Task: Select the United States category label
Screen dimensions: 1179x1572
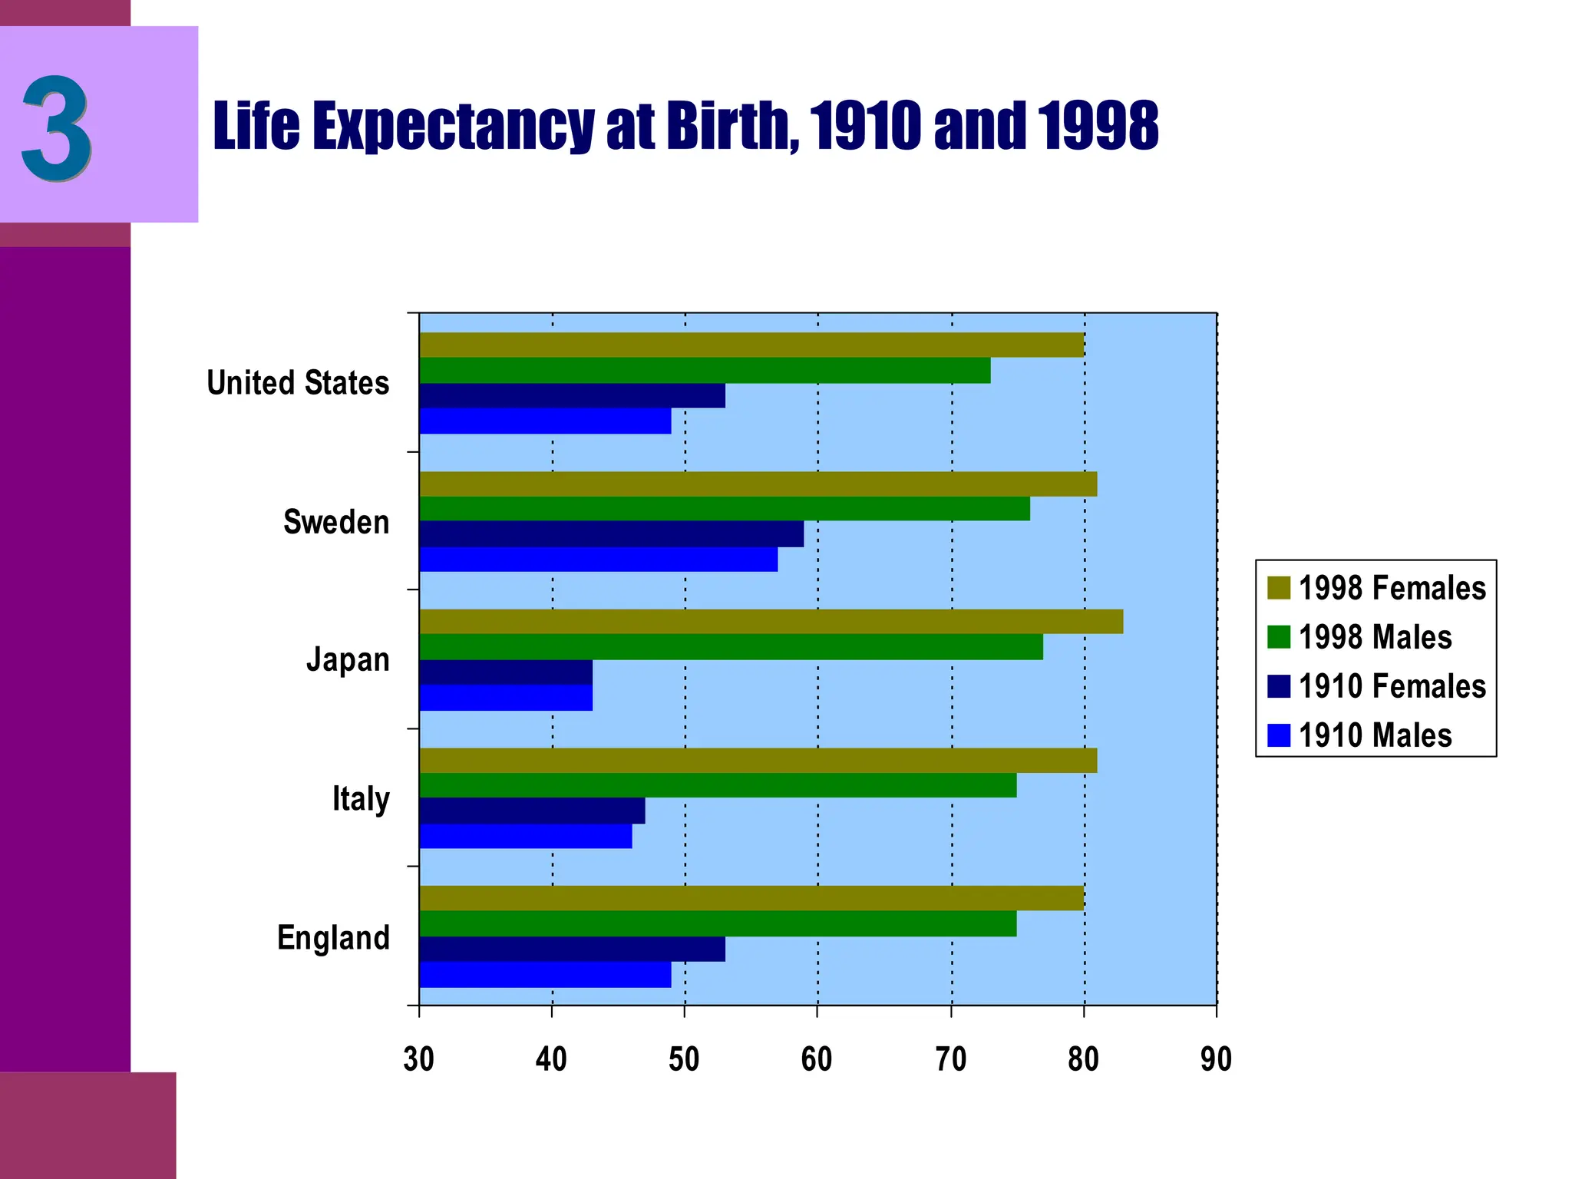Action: click(298, 383)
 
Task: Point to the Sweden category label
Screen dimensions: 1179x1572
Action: click(336, 522)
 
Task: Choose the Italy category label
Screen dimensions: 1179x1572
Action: click(361, 799)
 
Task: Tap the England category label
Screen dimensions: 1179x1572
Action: click(333, 937)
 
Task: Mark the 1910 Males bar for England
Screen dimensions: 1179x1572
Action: click(545, 975)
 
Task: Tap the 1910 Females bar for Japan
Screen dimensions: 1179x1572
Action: click(506, 672)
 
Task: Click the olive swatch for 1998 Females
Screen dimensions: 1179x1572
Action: click(1278, 588)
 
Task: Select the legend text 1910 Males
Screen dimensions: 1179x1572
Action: click(1375, 735)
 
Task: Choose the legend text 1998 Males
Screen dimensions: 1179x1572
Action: click(1375, 637)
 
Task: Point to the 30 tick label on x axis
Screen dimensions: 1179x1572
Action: click(419, 1059)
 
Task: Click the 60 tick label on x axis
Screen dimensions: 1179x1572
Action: click(817, 1059)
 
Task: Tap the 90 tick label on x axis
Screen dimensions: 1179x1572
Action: click(1216, 1059)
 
